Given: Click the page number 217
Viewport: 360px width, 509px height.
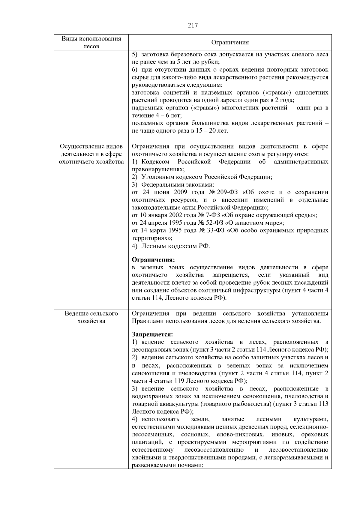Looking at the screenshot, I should pyautogui.click(x=193, y=25).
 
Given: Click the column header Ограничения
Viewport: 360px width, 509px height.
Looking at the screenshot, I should pyautogui.click(x=230, y=42).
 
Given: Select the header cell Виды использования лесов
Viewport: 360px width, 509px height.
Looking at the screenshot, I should pyautogui.click(x=91, y=42).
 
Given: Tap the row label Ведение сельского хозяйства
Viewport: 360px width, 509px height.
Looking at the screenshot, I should pyautogui.click(x=91, y=317).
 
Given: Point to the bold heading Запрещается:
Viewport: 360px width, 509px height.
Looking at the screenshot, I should pyautogui.click(x=152, y=334).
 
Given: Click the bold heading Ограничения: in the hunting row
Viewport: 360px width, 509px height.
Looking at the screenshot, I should pyautogui.click(x=153, y=259).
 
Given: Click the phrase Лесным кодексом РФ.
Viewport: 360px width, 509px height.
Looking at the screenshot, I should pyautogui.click(x=175, y=246).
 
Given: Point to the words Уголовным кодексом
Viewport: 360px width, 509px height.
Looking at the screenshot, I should pyautogui.click(x=172, y=177).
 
